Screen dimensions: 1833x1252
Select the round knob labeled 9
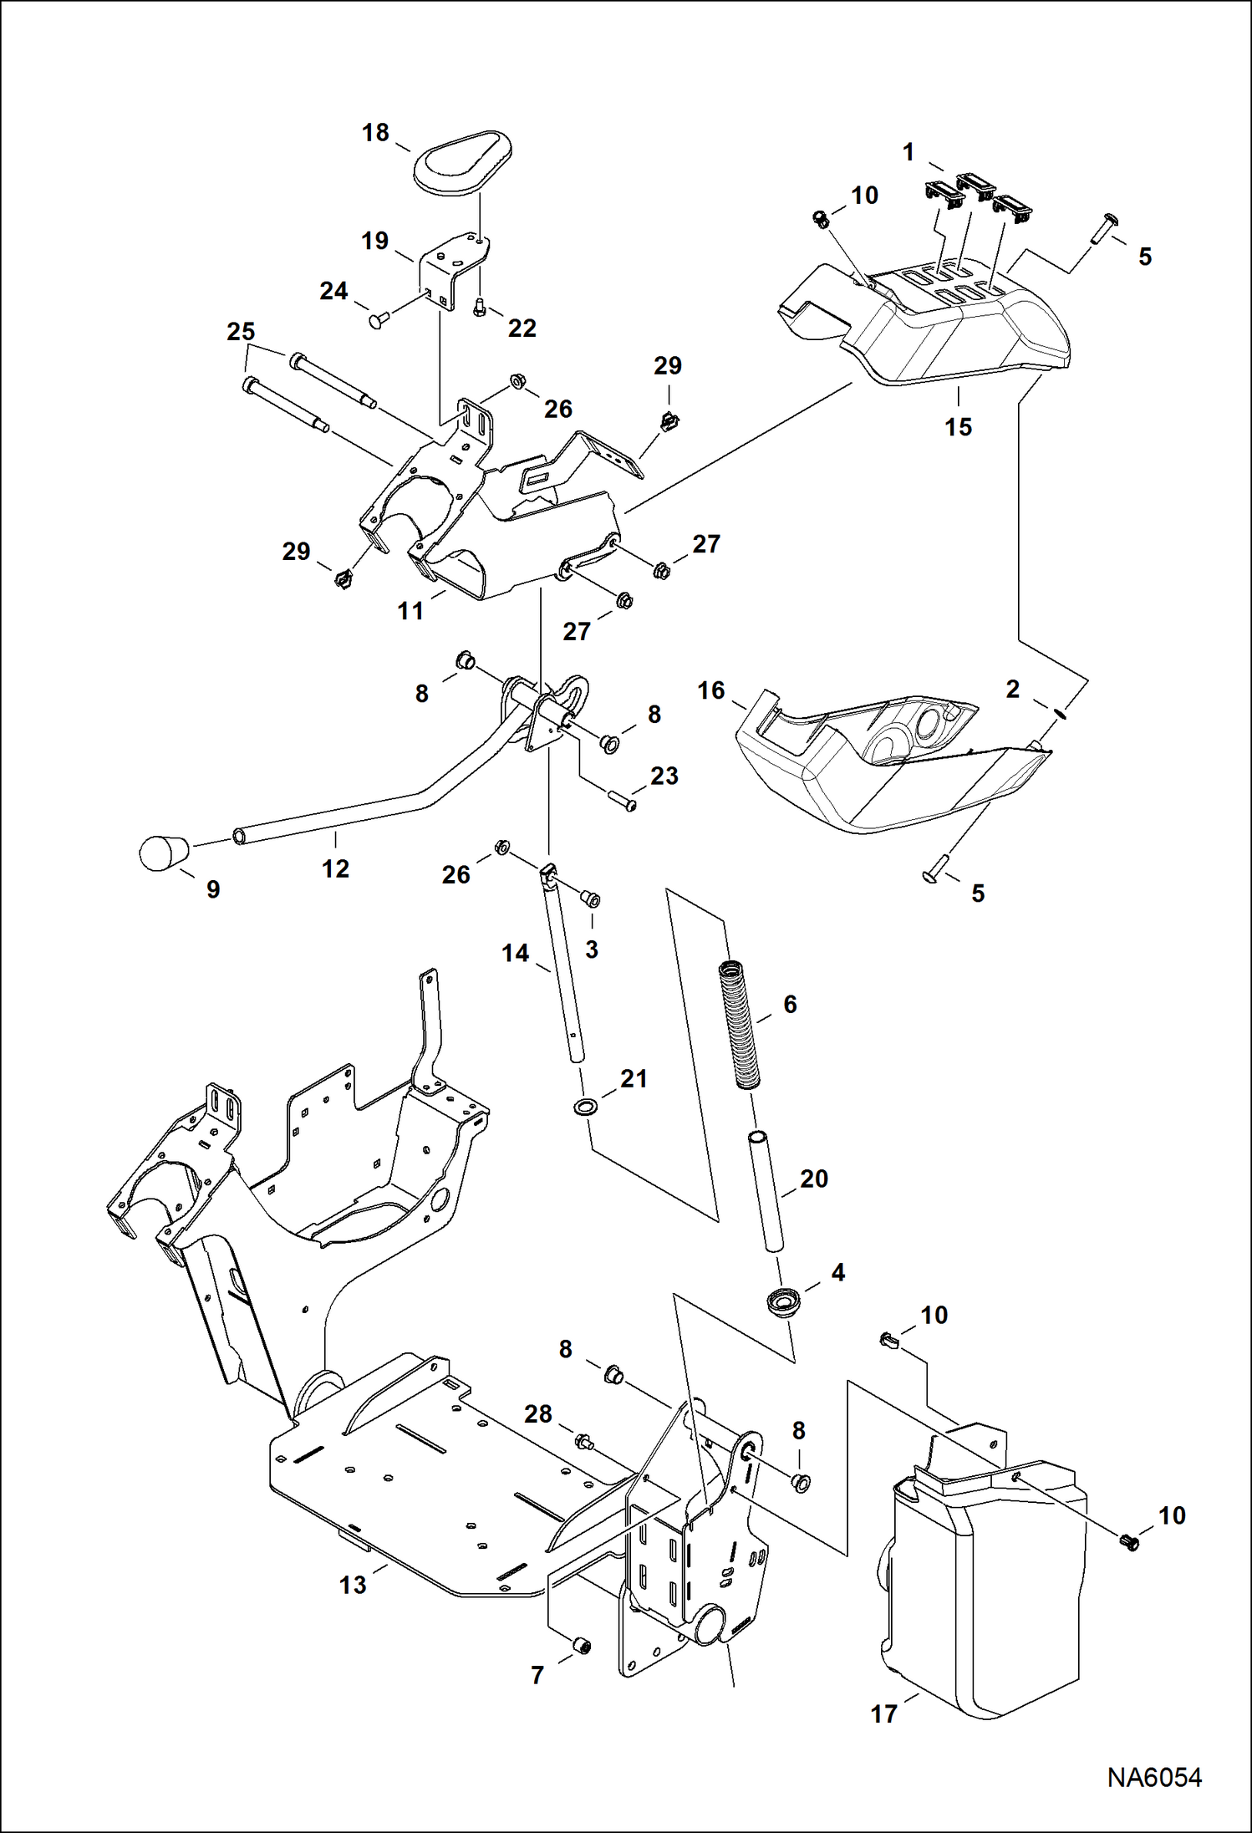tap(164, 853)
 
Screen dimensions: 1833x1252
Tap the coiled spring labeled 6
tap(740, 1025)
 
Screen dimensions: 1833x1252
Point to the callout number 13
tap(353, 1585)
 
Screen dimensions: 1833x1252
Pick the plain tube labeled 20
tap(766, 1191)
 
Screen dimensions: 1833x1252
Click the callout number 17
tap(883, 1713)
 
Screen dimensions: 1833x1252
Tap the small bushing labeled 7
tap(580, 1646)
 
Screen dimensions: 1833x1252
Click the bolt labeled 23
tap(622, 801)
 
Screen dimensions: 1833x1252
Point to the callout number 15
tap(958, 427)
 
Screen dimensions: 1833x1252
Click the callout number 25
tap(241, 332)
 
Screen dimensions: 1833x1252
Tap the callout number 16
tap(710, 690)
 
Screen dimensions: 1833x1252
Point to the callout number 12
tap(335, 868)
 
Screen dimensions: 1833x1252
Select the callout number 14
tap(515, 953)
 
